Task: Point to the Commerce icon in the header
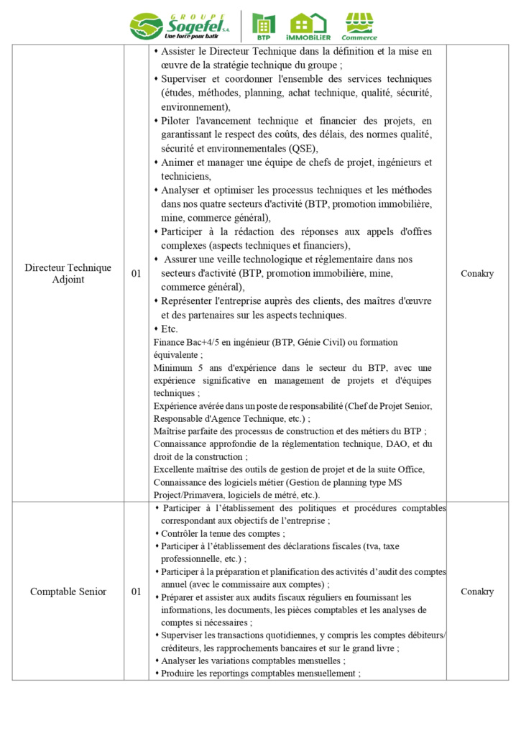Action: click(x=359, y=26)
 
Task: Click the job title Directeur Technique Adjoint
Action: click(x=68, y=273)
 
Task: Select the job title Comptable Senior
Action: click(x=68, y=592)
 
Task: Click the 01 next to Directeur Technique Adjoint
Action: click(x=137, y=274)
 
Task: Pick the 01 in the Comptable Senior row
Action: click(x=137, y=592)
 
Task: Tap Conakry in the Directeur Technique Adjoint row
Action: click(x=477, y=274)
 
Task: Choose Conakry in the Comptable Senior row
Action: click(x=477, y=592)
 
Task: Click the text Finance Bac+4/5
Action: click(x=185, y=342)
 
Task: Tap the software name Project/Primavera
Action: click(x=189, y=495)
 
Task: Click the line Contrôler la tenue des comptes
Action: click(x=222, y=533)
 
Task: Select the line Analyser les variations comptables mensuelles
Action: click(x=252, y=661)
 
